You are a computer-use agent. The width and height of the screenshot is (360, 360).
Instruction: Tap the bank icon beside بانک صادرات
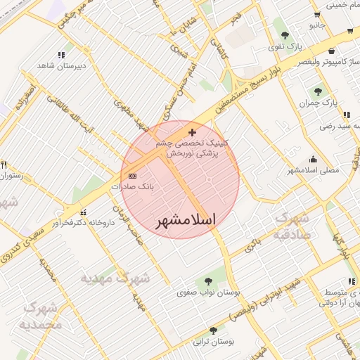[132, 176]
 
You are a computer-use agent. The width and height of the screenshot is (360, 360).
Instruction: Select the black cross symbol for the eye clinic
[192, 132]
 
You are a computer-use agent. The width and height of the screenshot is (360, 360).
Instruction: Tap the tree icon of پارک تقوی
[285, 35]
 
